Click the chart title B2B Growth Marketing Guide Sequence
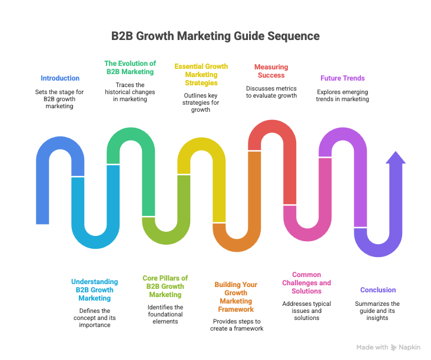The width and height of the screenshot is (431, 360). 216,36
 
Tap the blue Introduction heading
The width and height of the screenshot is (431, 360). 60,78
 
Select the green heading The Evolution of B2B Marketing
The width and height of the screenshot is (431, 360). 130,67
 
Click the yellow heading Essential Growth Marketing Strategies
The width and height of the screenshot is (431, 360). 201,75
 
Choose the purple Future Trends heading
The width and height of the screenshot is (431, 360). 343,78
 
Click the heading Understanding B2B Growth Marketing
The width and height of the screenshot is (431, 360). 95,290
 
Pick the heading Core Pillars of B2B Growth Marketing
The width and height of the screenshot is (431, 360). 165,286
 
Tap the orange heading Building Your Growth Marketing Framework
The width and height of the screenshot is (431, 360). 236,296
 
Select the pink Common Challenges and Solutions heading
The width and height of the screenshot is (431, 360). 307,282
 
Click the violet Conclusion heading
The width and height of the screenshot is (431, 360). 378,290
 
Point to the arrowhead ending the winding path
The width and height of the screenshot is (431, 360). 396,159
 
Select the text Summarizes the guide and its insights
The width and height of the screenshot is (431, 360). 378,311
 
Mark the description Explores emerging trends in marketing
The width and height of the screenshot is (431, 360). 343,96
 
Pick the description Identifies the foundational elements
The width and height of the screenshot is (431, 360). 165,314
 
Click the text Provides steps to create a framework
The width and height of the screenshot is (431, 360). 236,325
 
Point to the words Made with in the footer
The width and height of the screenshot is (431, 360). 372,348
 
